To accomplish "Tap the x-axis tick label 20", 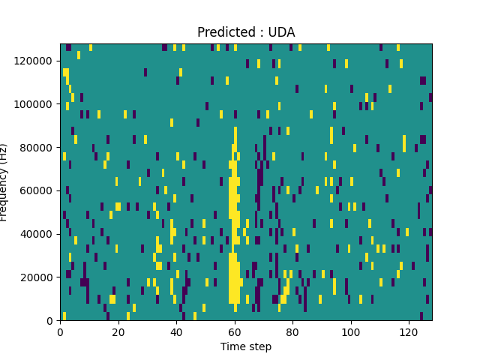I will pyautogui.click(x=118, y=331).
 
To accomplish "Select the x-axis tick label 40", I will pyautogui.click(x=176, y=331).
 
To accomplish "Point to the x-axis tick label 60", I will pyautogui.click(x=234, y=331).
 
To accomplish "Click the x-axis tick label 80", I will pyautogui.click(x=292, y=331).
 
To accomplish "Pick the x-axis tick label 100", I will pyautogui.click(x=350, y=331).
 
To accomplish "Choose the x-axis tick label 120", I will pyautogui.click(x=409, y=331).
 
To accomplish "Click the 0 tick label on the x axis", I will pyautogui.click(x=60, y=331).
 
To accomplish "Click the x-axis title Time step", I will pyautogui.click(x=246, y=346).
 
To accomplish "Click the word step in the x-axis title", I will pyautogui.click(x=259, y=347).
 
